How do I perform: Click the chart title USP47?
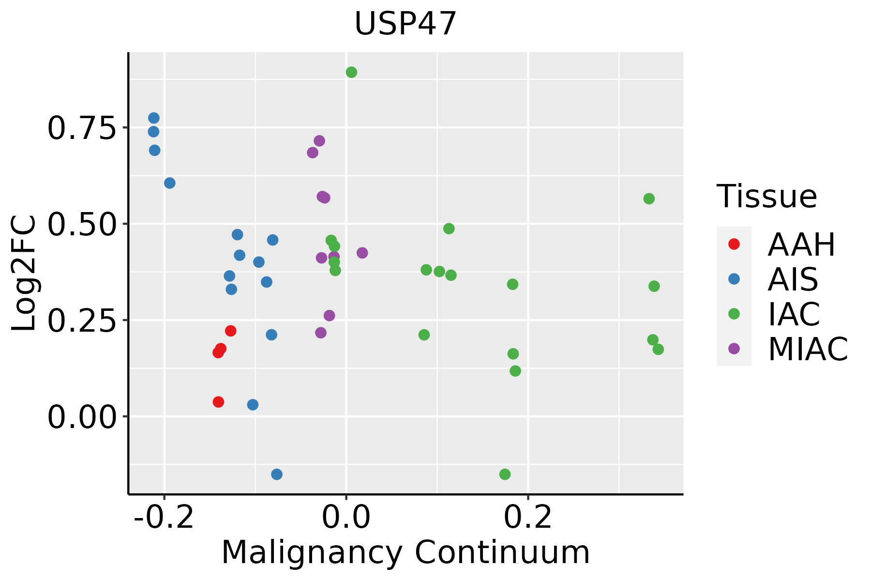coord(405,24)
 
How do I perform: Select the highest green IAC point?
coord(351,72)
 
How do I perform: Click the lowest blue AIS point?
coord(277,474)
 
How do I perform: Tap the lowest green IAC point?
coord(505,474)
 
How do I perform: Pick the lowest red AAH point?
coord(218,402)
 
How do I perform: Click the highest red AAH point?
coord(231,331)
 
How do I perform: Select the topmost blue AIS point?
coord(154,118)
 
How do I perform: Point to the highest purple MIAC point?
coord(319,141)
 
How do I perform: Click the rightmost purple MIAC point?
coord(362,253)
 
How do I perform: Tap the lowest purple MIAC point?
coord(321,333)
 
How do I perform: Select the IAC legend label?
coord(794,314)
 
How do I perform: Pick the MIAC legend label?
coord(808,349)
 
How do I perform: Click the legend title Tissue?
coord(767,197)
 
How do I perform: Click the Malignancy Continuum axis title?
coord(405,552)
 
